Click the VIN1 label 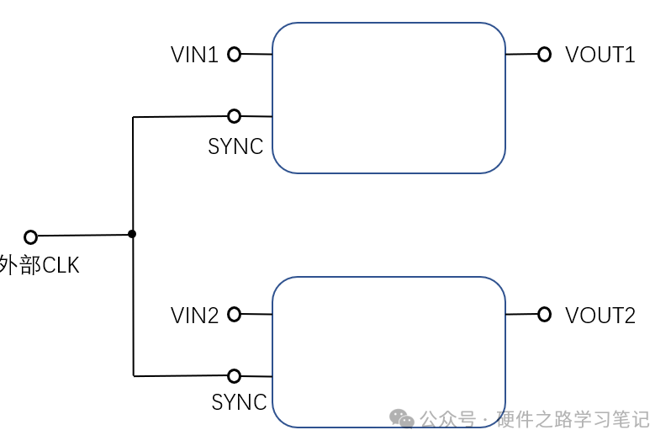pos(194,55)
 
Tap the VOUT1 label pos(600,55)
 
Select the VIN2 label pos(194,316)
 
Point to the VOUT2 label pos(600,316)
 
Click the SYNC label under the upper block pos(235,146)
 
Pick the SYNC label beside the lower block pos(239,402)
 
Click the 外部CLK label pos(39,266)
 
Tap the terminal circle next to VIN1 pos(234,55)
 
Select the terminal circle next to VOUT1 pos(544,55)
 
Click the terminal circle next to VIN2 pos(234,315)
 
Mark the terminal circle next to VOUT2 pos(544,315)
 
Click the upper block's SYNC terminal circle pos(234,116)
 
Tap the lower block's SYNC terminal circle pos(234,376)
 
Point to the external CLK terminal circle pos(31,236)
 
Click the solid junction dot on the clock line pos(132,234)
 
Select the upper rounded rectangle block pos(388,98)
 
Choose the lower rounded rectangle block pos(388,352)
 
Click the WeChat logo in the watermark pos(401,418)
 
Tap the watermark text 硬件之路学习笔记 pos(573,419)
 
